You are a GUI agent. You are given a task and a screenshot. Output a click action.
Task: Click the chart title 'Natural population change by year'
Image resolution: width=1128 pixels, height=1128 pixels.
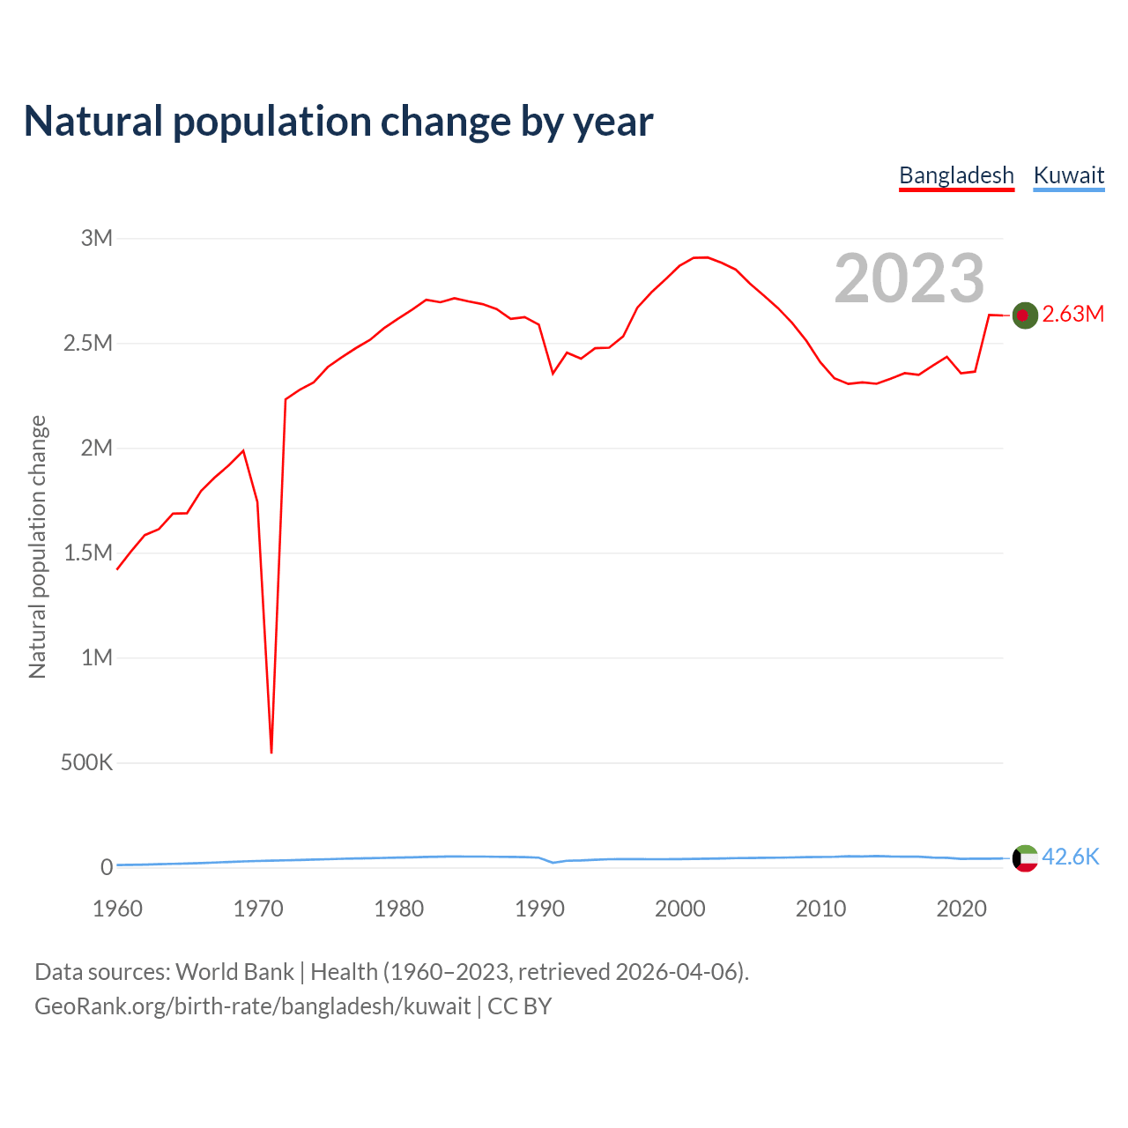338,122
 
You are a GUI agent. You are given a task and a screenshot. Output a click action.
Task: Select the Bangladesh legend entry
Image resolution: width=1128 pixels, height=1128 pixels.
956,175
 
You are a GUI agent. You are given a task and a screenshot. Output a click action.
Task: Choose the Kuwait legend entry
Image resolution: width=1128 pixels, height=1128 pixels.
1068,175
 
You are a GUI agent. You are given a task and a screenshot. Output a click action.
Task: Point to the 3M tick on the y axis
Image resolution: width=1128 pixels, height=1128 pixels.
97,238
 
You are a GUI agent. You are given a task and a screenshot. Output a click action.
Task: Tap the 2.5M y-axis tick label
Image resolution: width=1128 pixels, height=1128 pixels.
88,343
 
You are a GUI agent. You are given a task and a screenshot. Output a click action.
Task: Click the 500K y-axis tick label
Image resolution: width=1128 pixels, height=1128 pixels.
86,762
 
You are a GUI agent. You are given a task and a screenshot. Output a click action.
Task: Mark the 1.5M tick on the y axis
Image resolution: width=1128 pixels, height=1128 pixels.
88,553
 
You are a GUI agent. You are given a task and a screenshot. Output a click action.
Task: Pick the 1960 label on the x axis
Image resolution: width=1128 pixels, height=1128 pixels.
117,909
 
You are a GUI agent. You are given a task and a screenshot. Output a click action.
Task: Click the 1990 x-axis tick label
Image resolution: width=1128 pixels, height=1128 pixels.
539,909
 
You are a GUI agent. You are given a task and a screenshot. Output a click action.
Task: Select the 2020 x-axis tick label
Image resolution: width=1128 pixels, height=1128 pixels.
961,909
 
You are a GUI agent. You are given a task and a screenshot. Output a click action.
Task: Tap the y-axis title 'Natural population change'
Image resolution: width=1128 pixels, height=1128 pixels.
37,547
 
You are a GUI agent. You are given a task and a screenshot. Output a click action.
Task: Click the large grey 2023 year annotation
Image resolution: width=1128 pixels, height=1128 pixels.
909,278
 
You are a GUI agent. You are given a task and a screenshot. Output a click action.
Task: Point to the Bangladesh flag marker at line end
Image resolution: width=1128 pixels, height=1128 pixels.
1024,315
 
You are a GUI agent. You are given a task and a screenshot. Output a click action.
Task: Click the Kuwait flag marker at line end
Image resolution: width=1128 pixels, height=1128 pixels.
1025,858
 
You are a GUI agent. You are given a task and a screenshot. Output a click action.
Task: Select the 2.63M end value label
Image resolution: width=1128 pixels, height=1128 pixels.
1072,315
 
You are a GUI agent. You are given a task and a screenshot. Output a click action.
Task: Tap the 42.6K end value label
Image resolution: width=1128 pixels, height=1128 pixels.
1071,857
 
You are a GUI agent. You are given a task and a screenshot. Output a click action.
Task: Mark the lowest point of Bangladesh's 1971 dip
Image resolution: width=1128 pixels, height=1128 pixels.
271,753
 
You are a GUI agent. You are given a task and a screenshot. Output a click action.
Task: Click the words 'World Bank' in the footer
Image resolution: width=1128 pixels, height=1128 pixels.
234,972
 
